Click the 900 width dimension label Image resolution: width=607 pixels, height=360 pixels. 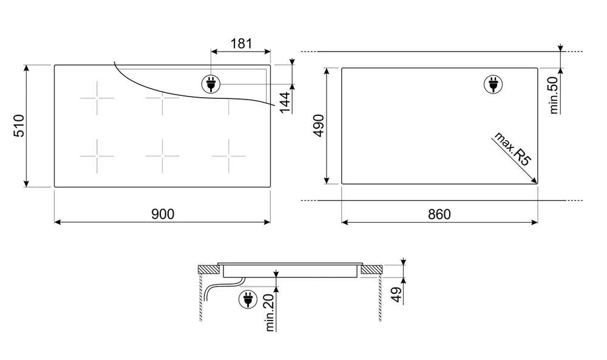[163, 214]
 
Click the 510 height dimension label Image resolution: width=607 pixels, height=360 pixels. [19, 126]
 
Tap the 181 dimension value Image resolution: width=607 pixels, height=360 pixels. [241, 44]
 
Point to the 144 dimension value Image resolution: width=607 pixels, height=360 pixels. [285, 102]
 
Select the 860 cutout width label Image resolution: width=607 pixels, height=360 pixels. [439, 214]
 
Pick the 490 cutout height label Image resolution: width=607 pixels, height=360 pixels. [319, 126]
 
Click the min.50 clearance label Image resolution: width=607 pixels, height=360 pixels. [554, 95]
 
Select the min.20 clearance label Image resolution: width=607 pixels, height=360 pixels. [270, 313]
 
